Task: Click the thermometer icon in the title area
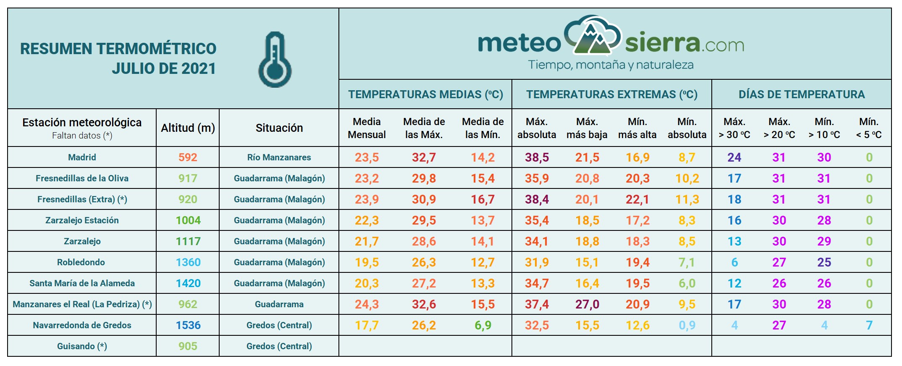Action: click(x=275, y=60)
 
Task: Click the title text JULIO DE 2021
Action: click(x=164, y=68)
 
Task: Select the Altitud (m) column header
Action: click(x=188, y=128)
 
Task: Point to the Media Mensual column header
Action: click(x=367, y=128)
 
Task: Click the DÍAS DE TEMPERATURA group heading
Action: click(x=801, y=94)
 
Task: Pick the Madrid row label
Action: click(x=82, y=157)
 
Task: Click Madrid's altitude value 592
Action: click(x=188, y=157)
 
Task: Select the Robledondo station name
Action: click(x=81, y=262)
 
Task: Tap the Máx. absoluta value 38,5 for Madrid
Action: click(x=537, y=157)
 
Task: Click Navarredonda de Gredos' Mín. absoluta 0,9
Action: click(x=687, y=325)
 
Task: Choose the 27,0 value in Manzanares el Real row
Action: click(x=587, y=304)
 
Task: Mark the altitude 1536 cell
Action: click(x=188, y=325)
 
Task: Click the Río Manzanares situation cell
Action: click(x=279, y=157)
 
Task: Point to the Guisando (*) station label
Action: click(x=82, y=346)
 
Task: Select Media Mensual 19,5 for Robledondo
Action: click(x=367, y=262)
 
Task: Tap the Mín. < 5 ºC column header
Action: click(x=869, y=128)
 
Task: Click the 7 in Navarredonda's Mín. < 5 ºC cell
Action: click(x=869, y=325)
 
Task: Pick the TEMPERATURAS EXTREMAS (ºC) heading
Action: click(x=611, y=94)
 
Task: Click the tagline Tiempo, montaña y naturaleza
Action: click(x=611, y=65)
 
